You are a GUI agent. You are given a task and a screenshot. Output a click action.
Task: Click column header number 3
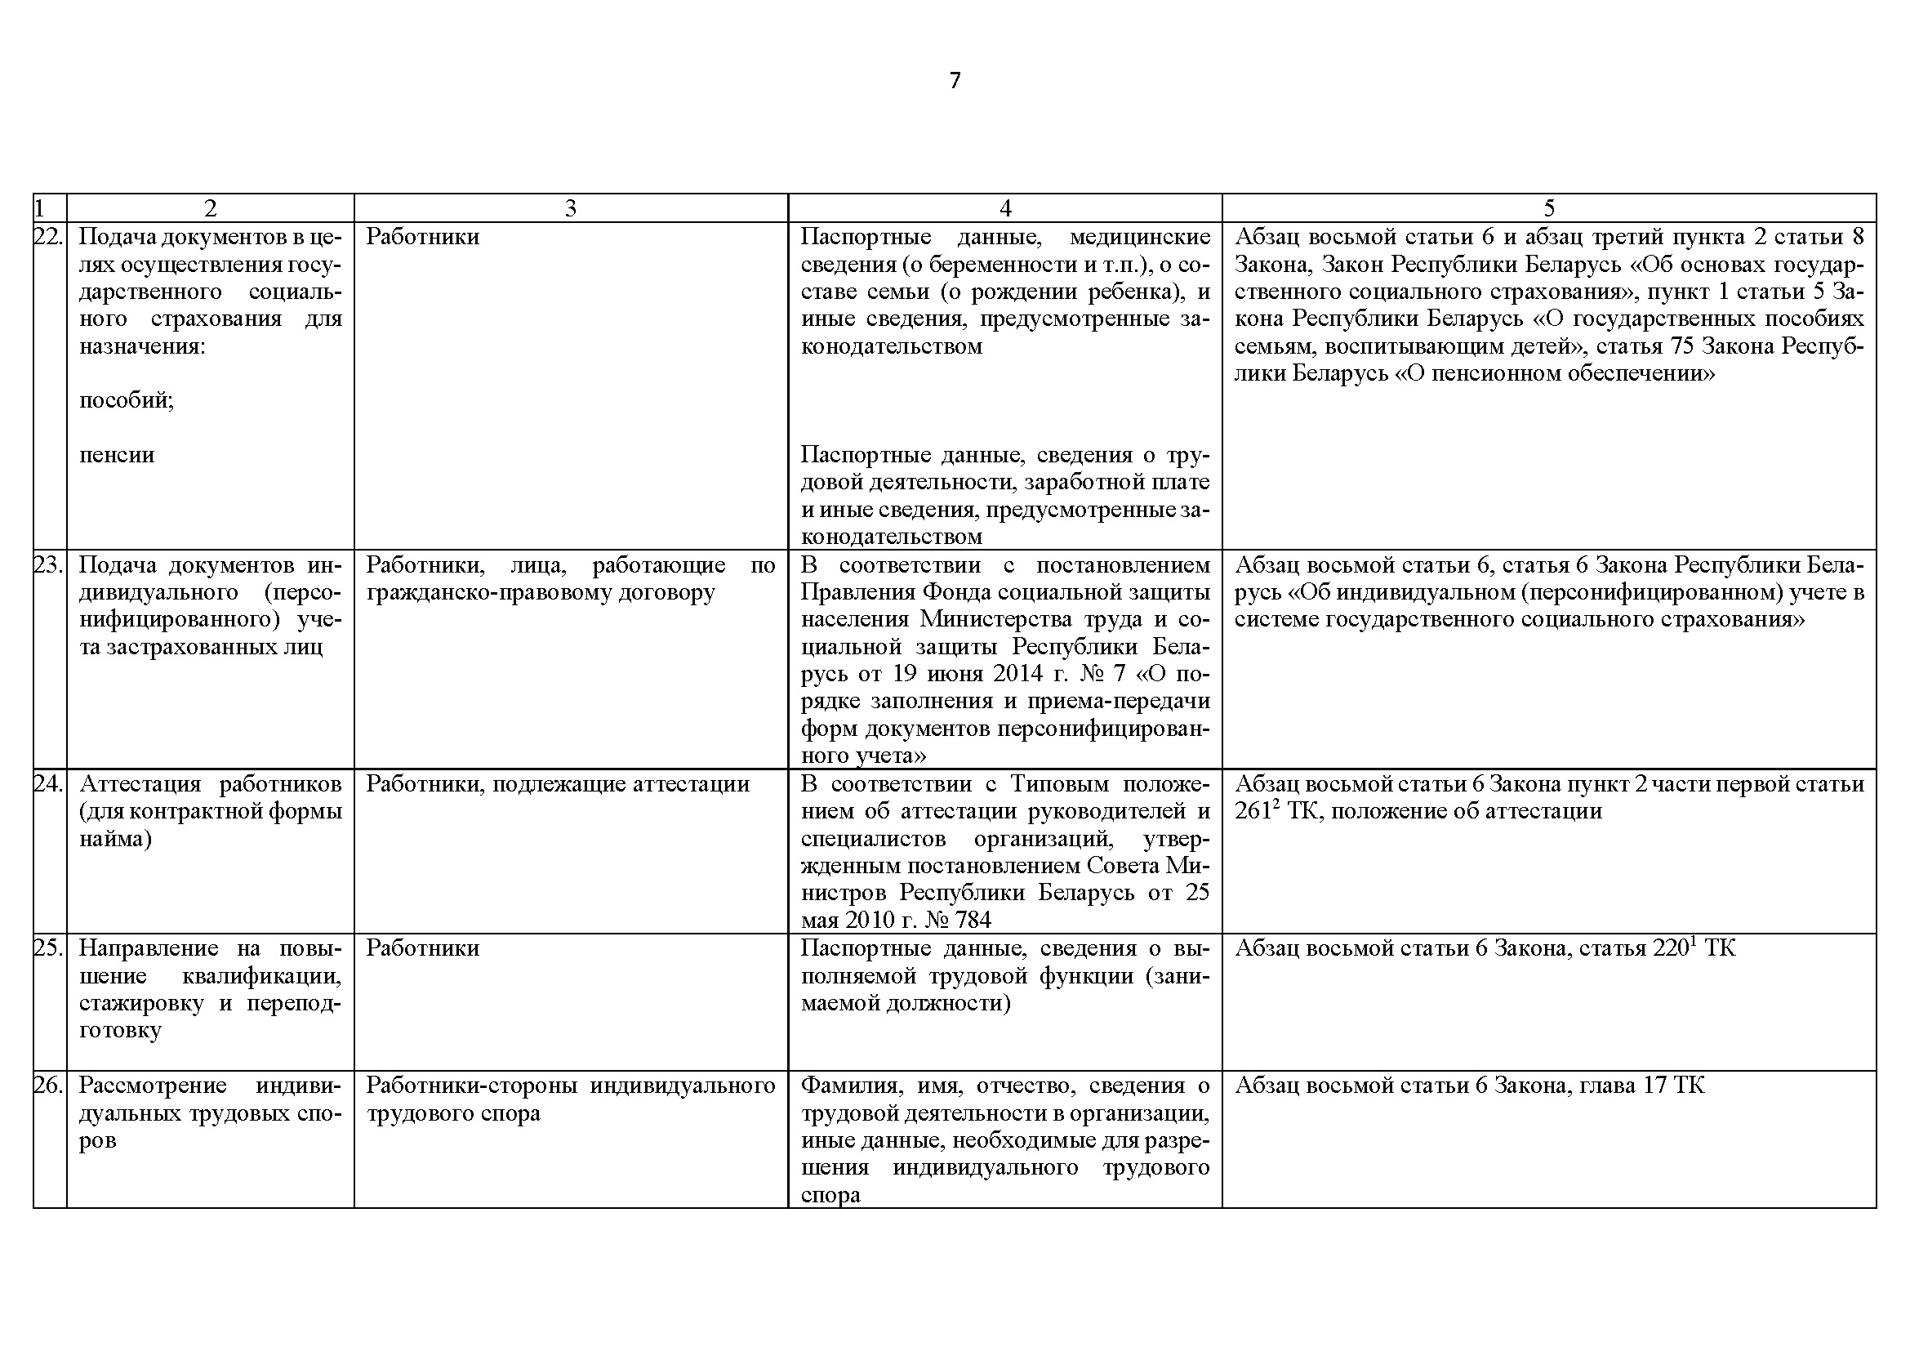570,208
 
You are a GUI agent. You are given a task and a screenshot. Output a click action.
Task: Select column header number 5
1548,208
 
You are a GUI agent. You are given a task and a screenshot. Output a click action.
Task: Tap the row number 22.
48,237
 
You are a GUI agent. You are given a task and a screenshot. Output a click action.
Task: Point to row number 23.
48,566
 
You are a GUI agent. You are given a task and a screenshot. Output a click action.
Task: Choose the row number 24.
48,784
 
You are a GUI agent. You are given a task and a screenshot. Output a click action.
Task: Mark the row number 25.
48,948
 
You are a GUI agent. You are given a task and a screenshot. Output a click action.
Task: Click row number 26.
48,1086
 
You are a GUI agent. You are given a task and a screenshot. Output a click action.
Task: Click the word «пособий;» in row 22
127,401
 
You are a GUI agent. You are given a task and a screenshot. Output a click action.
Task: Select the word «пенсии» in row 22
117,455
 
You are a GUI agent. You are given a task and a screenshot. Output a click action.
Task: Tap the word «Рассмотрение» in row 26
152,1086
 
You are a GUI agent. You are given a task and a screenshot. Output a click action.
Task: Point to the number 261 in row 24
1253,812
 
